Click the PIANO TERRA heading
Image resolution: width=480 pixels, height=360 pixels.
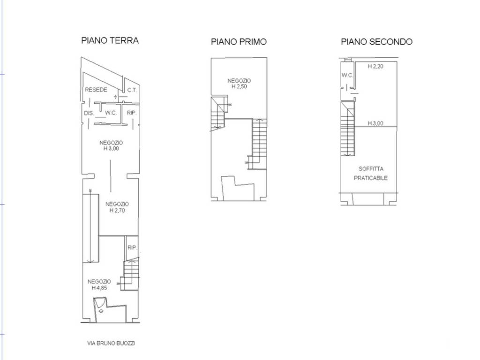tap(110, 40)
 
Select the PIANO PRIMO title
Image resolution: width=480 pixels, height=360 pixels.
tap(239, 42)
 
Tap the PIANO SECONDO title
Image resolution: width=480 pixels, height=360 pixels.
tap(376, 42)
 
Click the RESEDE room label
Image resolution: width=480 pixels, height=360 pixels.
tap(96, 90)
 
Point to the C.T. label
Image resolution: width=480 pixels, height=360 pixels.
tap(132, 90)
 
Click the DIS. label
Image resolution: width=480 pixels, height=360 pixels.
tap(89, 113)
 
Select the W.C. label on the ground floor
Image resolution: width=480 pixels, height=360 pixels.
tap(111, 113)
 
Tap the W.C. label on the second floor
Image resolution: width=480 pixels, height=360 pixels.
tap(347, 75)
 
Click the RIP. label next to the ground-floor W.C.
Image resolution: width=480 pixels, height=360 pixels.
tap(132, 113)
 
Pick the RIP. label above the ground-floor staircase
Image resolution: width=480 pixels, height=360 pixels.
tap(132, 247)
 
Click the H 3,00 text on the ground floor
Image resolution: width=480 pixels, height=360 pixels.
tap(111, 149)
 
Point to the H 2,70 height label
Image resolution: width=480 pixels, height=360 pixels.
tap(117, 210)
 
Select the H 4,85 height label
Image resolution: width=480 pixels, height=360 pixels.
tap(99, 288)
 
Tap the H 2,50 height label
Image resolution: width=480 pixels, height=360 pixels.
tap(239, 86)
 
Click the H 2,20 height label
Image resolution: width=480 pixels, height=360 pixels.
tap(375, 66)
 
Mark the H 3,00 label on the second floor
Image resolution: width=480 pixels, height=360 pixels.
tap(375, 123)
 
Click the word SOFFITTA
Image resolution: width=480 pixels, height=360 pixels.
tap(371, 169)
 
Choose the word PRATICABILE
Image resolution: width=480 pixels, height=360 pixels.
tap(371, 178)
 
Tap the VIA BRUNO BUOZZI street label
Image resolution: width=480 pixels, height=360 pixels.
tap(111, 343)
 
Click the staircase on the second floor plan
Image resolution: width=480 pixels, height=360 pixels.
tap(348, 128)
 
